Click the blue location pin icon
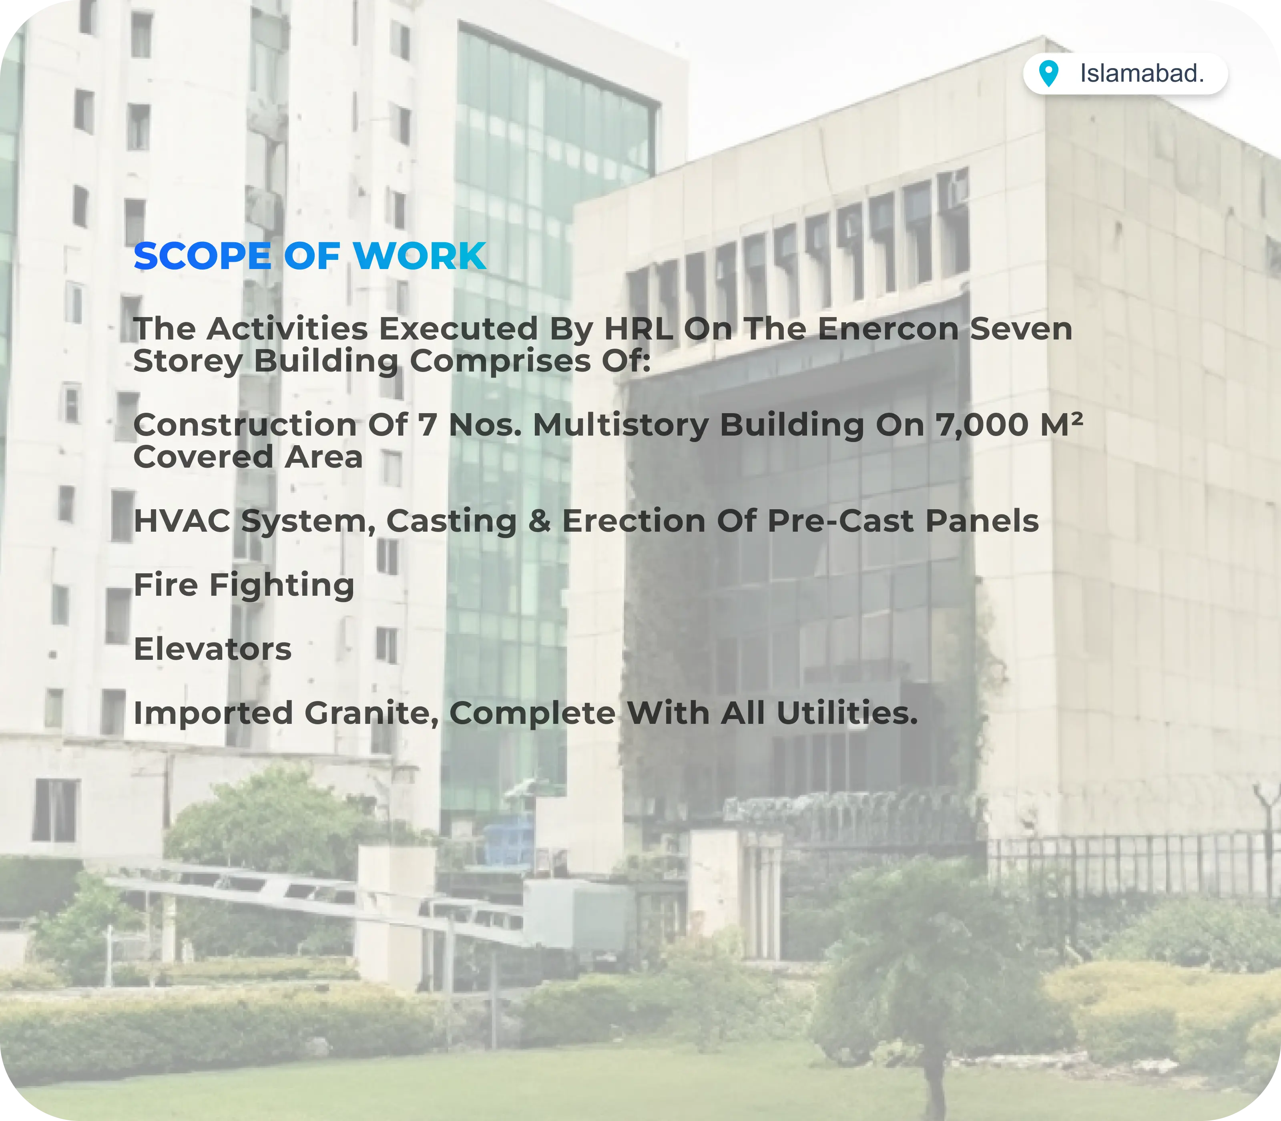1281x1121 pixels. pyautogui.click(x=1048, y=74)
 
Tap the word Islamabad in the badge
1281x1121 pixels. pyautogui.click(x=1142, y=74)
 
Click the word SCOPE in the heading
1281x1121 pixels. pyautogui.click(x=202, y=257)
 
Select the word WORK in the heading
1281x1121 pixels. pyautogui.click(x=420, y=257)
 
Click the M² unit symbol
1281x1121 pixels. pyautogui.click(x=1062, y=424)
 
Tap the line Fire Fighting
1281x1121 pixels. pyautogui.click(x=244, y=585)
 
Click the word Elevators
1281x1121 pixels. pyautogui.click(x=213, y=649)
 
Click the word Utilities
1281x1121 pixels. pyautogui.click(x=847, y=713)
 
